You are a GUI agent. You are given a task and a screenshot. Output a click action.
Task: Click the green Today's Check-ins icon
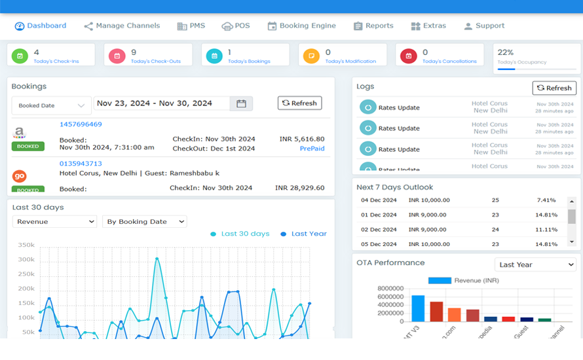[20, 56]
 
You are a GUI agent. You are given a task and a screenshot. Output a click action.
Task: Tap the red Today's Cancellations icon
[408, 56]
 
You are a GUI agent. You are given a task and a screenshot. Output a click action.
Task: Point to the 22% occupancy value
[506, 52]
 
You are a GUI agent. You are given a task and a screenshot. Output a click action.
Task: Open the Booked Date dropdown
[51, 105]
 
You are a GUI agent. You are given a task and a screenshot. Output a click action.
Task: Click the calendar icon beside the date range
[241, 103]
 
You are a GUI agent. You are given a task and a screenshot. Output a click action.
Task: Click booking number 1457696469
[81, 124]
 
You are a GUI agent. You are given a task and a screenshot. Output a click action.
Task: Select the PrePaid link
[312, 149]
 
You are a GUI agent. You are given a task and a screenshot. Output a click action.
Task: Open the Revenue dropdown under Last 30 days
[54, 222]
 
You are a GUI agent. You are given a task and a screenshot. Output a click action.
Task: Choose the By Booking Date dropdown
[144, 222]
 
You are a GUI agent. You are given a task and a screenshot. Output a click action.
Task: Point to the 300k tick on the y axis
[26, 260]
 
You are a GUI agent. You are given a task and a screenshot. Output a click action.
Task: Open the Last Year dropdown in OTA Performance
[535, 264]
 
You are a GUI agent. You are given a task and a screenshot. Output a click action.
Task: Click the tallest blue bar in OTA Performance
[418, 308]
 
